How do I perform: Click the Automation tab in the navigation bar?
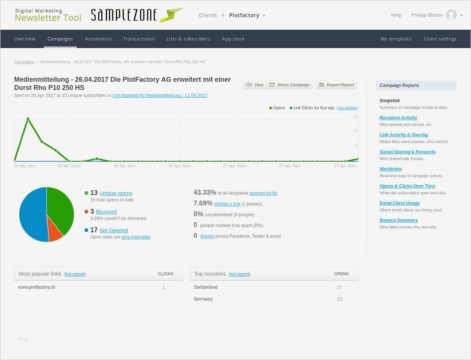pos(98,39)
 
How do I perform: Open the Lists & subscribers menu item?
pos(188,39)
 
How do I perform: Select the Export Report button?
pos(336,85)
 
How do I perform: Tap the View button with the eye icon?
pos(255,85)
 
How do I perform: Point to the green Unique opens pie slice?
pos(60,207)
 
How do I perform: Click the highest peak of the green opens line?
pos(28,119)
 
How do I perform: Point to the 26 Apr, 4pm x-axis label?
pos(124,166)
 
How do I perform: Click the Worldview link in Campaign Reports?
pos(390,169)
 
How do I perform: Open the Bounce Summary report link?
pos(398,220)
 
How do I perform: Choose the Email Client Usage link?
pos(399,203)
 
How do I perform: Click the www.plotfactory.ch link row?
pos(37,287)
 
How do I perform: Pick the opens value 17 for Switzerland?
pos(339,287)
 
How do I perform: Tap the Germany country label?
pos(203,299)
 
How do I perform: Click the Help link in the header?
pos(396,15)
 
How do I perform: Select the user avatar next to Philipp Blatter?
pos(451,15)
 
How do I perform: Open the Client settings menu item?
pos(440,39)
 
